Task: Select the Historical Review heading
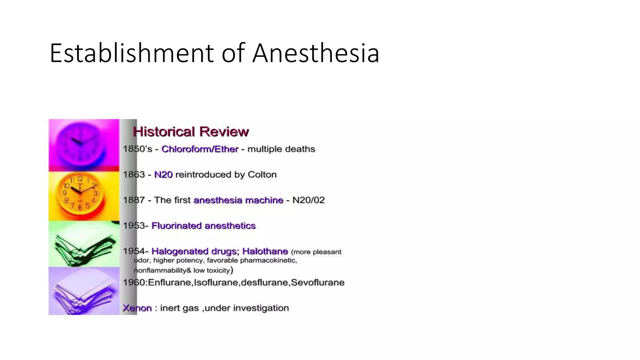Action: point(191,132)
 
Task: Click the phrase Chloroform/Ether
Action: point(200,149)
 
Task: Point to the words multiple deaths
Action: point(281,149)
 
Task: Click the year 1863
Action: point(134,174)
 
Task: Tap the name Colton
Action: point(262,174)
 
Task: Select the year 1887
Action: point(134,200)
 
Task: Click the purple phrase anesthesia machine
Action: point(238,200)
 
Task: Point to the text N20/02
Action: point(308,200)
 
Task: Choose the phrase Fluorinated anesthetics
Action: point(203,226)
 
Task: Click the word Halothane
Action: point(265,251)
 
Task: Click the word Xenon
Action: point(137,308)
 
